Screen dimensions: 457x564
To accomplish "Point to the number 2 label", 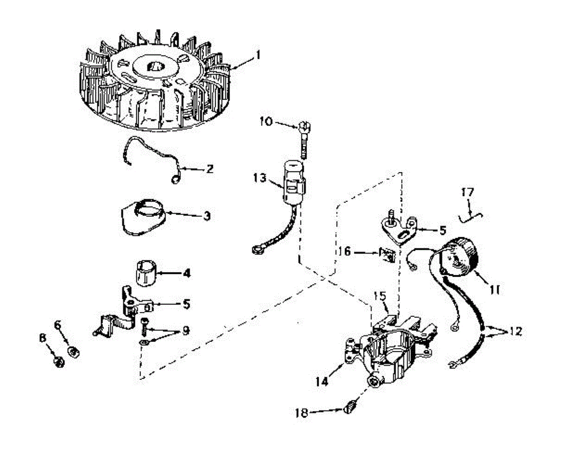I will click(210, 168).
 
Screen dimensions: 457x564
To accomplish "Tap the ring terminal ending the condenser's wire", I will click(257, 250).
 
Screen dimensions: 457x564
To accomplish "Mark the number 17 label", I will click(468, 192).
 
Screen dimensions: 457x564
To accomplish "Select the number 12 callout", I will click(515, 332).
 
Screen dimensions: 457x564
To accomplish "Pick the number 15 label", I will click(380, 297).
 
